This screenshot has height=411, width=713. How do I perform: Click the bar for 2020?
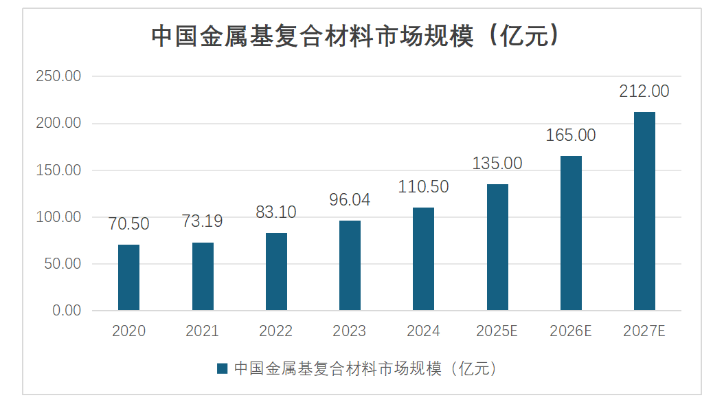[x=128, y=277]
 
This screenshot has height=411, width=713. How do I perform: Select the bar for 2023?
[x=350, y=265]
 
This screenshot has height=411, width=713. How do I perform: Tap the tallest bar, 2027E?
[x=644, y=211]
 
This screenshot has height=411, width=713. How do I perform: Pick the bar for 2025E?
[x=497, y=247]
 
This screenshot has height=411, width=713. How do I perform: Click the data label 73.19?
[x=202, y=221]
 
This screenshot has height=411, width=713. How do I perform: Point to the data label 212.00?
[x=644, y=91]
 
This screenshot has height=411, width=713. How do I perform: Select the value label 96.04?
[x=350, y=200]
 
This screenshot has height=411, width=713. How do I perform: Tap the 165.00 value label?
[x=571, y=135]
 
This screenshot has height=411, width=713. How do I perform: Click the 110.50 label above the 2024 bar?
[x=423, y=186]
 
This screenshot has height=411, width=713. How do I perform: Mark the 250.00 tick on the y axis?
[x=58, y=76]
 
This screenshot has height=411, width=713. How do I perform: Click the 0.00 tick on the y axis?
[x=67, y=311]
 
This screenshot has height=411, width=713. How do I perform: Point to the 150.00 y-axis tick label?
[x=58, y=170]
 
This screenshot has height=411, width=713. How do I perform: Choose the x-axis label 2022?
[x=276, y=331]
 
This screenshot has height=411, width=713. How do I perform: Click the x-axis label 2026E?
[x=571, y=331]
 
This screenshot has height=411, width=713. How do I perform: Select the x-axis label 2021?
[x=202, y=331]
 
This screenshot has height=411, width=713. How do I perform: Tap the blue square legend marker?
[x=222, y=369]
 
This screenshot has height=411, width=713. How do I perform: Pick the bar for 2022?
[x=276, y=271]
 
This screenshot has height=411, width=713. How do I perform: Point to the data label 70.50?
[x=128, y=224]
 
